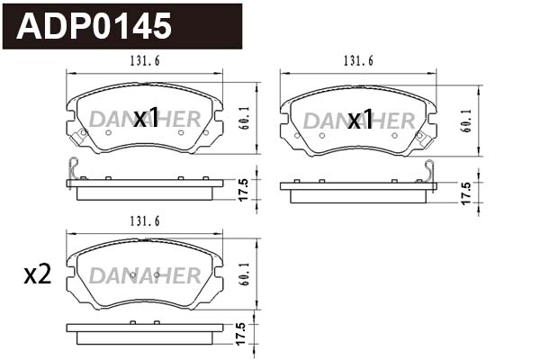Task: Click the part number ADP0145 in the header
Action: pos(95,26)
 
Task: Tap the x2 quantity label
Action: pos(37,276)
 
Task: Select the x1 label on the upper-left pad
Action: pos(146,119)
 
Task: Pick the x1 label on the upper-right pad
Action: pos(360,119)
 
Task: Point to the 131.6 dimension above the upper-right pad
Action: pos(358,60)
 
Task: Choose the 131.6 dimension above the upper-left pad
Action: pos(145,60)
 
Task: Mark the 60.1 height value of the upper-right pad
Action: pos(465,120)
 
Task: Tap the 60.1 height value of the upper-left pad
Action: pos(244,120)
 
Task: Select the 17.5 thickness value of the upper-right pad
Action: pos(465,193)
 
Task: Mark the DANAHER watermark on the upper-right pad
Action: pos(358,120)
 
